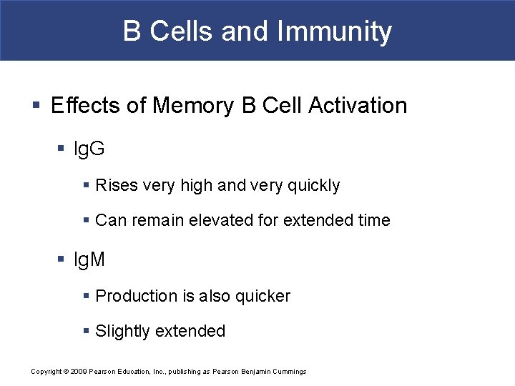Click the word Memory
tap(192, 106)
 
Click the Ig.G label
tap(89, 149)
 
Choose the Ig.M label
tap(89, 259)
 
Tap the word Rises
tap(117, 185)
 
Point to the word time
tap(373, 220)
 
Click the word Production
tap(136, 296)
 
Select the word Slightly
tap(122, 331)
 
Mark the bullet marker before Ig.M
tap(62, 260)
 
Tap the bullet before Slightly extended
tap(87, 332)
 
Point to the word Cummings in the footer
tap(288, 372)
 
